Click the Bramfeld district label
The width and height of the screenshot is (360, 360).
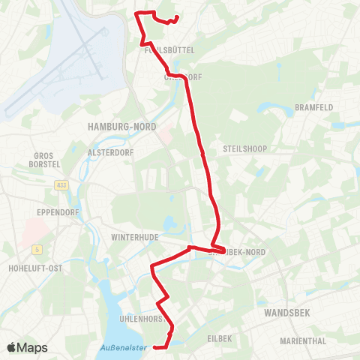pyautogui.click(x=313, y=107)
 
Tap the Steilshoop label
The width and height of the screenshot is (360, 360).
pyautogui.click(x=240, y=148)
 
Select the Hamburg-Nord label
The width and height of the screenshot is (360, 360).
pyautogui.click(x=122, y=127)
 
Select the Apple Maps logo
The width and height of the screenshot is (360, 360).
pyautogui.click(x=27, y=347)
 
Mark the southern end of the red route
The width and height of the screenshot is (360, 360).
pyautogui.click(x=153, y=347)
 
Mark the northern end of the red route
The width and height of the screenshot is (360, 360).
pyautogui.click(x=177, y=18)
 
